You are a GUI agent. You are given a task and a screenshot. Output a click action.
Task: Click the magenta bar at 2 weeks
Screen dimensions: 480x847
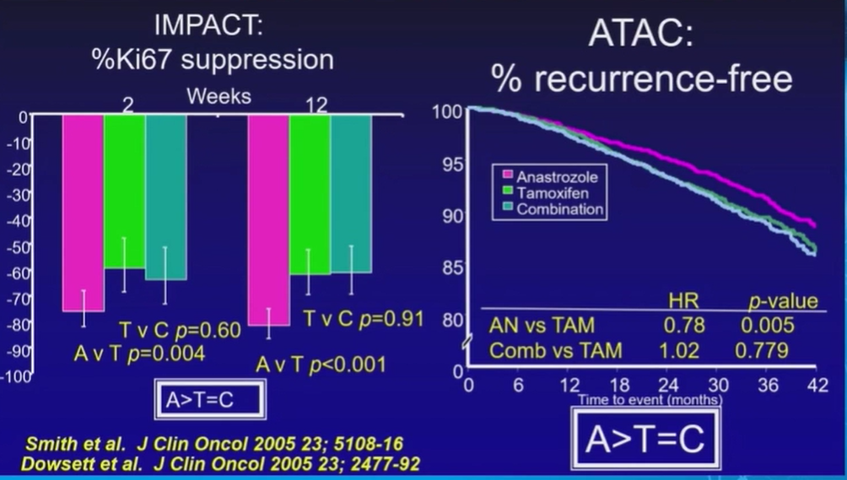click(83, 211)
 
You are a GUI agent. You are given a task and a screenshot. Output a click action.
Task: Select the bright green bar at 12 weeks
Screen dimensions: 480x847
click(310, 194)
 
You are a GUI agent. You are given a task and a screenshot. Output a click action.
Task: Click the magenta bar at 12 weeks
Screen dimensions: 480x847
click(268, 219)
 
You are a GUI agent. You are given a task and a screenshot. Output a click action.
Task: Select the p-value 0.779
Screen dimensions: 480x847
click(766, 350)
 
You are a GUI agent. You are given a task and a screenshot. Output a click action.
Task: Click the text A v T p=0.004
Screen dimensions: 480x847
click(139, 353)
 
